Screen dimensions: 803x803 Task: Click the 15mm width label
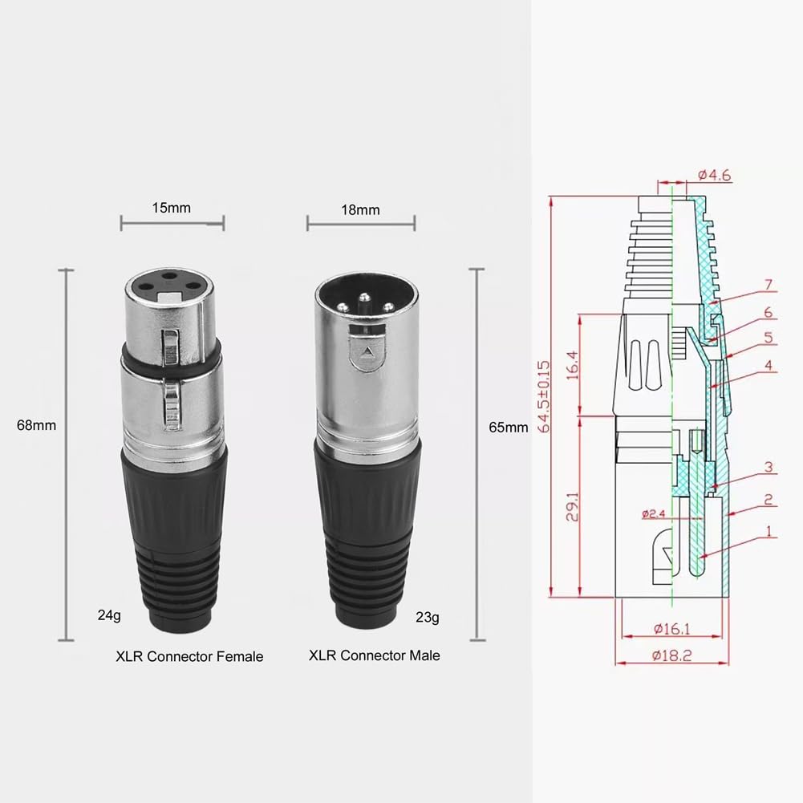tap(172, 208)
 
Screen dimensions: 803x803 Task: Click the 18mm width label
tap(360, 209)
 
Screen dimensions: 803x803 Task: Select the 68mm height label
tap(36, 425)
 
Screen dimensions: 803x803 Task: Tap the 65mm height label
tap(508, 427)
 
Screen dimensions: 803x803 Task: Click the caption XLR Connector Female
tap(189, 656)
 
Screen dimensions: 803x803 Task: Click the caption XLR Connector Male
tap(375, 655)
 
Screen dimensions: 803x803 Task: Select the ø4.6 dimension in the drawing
tap(714, 174)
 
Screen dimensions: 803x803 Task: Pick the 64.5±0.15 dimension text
tap(546, 396)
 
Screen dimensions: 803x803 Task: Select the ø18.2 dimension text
tap(671, 655)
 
